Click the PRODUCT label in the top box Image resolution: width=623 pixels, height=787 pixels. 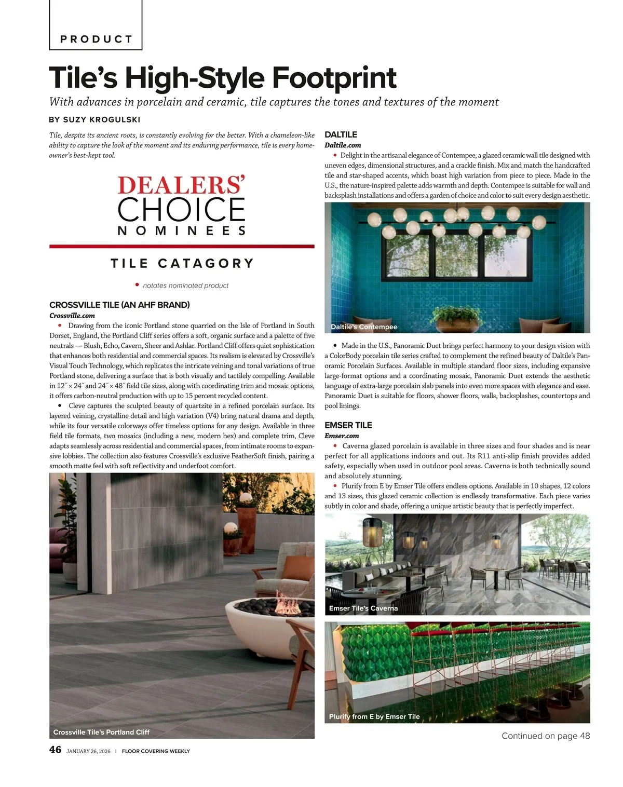(96, 39)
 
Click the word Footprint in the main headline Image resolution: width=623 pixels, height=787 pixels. (334, 78)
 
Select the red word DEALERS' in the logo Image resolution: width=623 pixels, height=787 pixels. (181, 186)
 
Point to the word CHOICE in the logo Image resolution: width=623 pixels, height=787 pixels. (181, 209)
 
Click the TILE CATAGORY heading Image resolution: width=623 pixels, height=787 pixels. (182, 264)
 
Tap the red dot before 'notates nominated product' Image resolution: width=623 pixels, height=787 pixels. (137, 284)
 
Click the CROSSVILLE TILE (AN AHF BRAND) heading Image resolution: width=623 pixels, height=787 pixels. (119, 305)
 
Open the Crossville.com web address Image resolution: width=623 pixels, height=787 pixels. (72, 316)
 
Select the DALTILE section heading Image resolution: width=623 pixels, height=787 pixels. (341, 134)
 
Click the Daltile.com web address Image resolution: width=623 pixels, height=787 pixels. (343, 145)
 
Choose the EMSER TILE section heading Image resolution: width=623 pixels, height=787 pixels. (348, 425)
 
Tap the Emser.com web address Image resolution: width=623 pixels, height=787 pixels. (342, 436)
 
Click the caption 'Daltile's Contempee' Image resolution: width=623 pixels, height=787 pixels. (364, 327)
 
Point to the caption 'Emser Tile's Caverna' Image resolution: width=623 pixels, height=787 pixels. (363, 608)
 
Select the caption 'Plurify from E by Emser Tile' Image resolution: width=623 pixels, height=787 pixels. (374, 716)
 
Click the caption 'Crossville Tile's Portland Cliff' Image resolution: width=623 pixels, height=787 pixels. (101, 732)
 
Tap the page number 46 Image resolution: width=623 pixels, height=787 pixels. (55, 750)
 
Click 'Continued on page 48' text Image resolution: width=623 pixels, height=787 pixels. (546, 736)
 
